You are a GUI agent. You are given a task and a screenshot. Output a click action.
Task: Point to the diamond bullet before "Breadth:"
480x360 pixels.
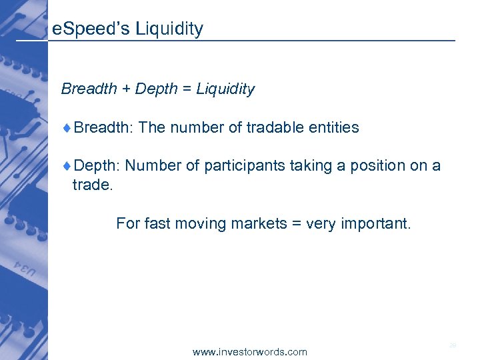coord(69,127)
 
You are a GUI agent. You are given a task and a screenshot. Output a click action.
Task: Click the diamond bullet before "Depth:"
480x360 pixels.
coord(69,166)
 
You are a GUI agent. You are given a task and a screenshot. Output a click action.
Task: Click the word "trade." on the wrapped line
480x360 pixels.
coord(93,185)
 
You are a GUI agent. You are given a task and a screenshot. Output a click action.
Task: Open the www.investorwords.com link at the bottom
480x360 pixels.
coord(250,351)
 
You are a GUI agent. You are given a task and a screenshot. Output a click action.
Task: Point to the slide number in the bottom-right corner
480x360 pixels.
coord(453,345)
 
